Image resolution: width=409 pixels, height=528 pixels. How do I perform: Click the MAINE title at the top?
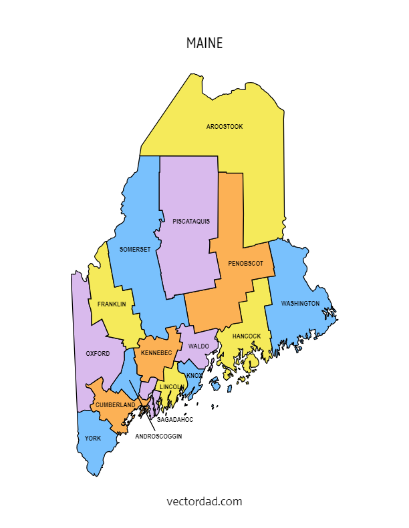[204, 43]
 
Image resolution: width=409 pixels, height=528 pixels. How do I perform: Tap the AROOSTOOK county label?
[225, 126]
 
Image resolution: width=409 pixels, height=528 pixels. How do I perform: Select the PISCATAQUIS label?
[191, 221]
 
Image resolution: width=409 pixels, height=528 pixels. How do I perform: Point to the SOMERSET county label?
[135, 249]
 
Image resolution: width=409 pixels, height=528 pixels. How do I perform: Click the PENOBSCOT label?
[245, 263]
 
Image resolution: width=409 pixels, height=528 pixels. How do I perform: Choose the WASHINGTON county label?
[300, 304]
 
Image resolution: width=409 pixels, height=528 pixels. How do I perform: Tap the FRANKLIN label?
[112, 304]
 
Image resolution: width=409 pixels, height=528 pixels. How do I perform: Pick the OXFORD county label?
[98, 353]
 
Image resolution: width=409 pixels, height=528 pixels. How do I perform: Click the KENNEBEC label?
[156, 352]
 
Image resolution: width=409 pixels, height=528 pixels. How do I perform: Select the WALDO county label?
[198, 346]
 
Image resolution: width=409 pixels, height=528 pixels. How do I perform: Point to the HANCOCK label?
[247, 336]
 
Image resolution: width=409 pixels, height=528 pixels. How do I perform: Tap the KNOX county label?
[194, 376]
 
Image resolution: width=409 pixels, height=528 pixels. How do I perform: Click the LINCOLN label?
[171, 386]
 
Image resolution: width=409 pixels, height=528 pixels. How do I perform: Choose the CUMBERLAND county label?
[115, 405]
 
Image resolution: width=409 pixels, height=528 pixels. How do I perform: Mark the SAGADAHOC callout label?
[175, 420]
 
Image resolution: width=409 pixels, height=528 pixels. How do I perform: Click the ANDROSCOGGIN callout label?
[158, 436]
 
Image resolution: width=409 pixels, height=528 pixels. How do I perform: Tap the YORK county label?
[93, 439]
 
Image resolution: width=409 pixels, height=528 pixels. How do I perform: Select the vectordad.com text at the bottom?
[204, 501]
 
